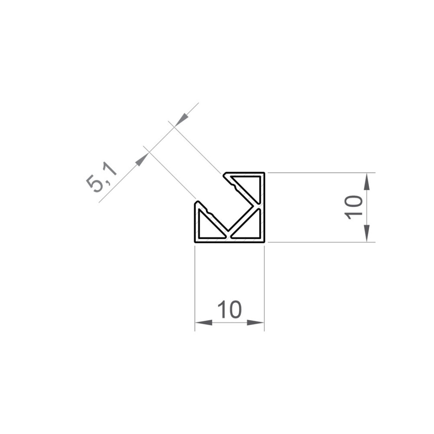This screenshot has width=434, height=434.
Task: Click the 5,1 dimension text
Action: (102, 177)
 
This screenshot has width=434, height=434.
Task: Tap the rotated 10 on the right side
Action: (354, 207)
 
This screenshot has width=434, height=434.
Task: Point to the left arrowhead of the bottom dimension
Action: (203, 323)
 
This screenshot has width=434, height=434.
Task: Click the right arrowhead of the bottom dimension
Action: (256, 323)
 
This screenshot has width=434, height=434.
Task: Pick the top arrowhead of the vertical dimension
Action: (367, 181)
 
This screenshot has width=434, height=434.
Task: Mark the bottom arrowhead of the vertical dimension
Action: (367, 233)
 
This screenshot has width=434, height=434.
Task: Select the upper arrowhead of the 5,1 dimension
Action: (181, 119)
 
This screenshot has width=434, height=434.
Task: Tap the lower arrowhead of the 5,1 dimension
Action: (141, 160)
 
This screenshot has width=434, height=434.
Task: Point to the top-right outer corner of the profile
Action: (264, 173)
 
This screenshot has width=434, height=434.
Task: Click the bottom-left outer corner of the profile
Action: (195, 242)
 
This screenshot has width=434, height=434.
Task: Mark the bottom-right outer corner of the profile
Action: (264, 242)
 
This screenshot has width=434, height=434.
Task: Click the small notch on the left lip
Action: (210, 212)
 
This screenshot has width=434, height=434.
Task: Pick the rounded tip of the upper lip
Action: (225, 175)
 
